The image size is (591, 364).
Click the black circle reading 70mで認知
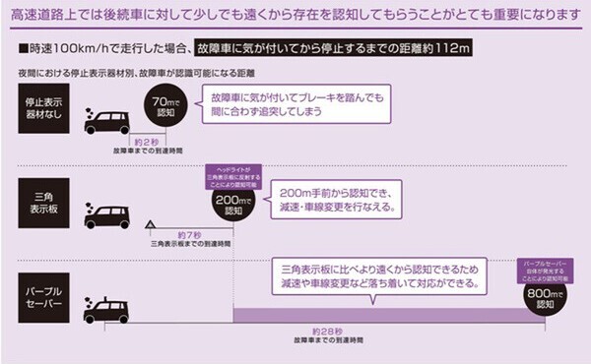point(163,106)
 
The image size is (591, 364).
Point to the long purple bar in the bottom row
point(374,314)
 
